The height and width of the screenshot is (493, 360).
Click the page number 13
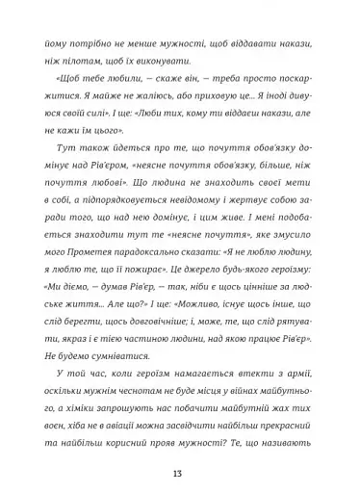click(179, 470)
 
